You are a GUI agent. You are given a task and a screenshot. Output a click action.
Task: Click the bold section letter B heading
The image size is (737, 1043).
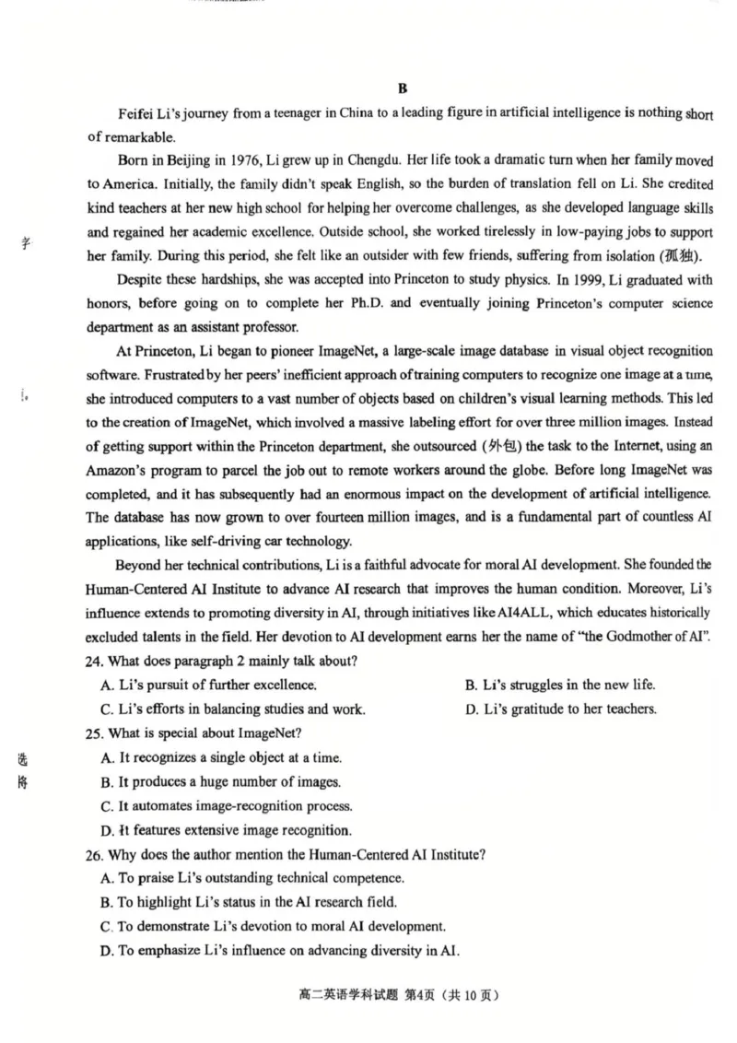(x=402, y=88)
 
